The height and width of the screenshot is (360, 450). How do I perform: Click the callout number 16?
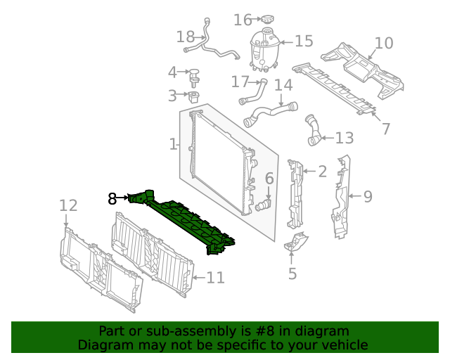coord(243,20)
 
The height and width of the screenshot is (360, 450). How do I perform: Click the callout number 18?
coord(186,36)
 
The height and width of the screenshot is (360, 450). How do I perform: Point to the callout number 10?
coord(384,44)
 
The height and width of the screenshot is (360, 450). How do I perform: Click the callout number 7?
coord(385,129)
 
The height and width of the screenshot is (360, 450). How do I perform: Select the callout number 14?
coord(283,85)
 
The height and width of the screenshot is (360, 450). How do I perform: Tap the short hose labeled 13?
coord(313,131)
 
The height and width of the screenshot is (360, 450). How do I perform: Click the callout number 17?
coord(240,82)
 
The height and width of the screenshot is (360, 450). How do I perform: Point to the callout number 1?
coord(173,144)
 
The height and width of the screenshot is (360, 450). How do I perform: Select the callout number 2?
coord(322,172)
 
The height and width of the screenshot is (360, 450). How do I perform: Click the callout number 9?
coord(367,197)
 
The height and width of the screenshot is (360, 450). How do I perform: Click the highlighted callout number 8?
coord(112,199)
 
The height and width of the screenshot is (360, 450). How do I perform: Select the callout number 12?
coord(67,205)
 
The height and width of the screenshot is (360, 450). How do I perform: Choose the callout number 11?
coord(215,278)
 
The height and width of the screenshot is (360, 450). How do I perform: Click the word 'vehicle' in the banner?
coord(342,345)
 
